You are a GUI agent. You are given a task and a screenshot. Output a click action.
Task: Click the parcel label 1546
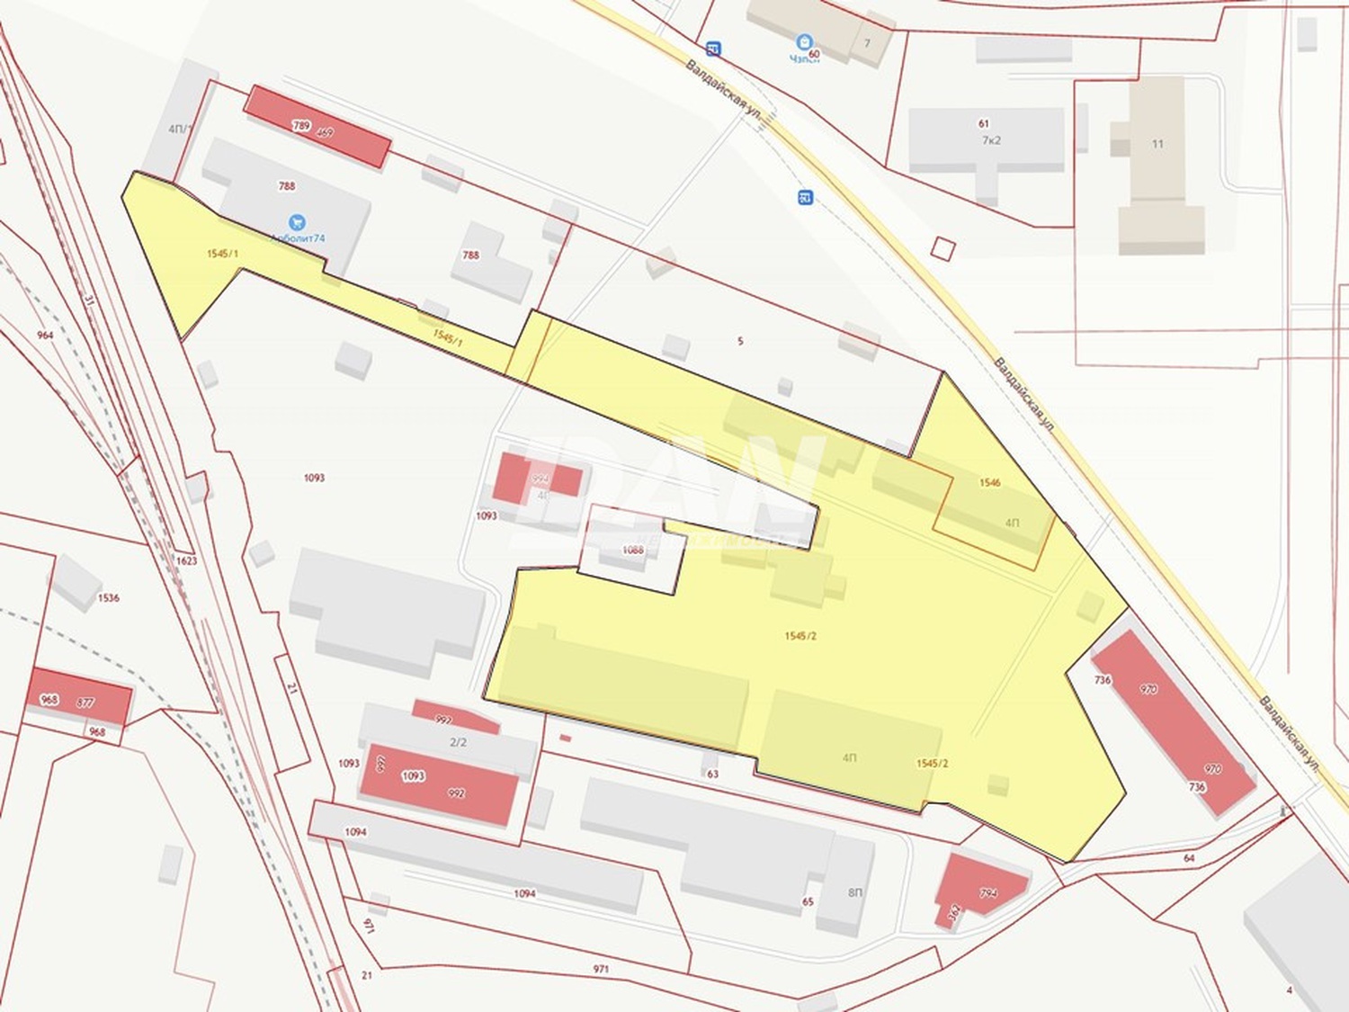tap(989, 483)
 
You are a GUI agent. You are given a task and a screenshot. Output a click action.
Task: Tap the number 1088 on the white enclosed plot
tap(633, 550)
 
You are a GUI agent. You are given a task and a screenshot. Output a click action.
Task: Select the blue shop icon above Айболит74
tap(296, 222)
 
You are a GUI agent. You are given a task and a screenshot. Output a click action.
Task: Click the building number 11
tap(1157, 144)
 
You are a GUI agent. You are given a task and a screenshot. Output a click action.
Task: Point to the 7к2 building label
tap(991, 140)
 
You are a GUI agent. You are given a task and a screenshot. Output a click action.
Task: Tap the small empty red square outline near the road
tap(942, 248)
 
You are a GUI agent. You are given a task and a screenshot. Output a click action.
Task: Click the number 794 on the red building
tap(988, 893)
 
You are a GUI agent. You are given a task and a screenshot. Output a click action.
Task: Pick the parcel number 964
tap(45, 336)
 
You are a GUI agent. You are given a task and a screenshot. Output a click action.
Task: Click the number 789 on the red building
tap(301, 125)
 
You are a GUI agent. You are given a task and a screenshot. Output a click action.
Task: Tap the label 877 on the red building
tap(85, 703)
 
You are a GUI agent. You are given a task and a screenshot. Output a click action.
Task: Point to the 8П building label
tap(854, 892)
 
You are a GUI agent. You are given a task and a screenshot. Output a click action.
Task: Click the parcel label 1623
tap(186, 560)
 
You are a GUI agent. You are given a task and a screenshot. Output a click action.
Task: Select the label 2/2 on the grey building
tap(458, 742)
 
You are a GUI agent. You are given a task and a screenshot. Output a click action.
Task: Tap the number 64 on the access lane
tap(1189, 858)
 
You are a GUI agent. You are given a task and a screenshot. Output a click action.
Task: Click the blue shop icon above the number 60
tap(804, 41)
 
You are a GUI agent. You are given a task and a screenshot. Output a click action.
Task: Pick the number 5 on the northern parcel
tap(740, 342)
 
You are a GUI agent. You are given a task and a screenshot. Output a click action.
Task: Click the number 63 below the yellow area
tap(713, 774)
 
